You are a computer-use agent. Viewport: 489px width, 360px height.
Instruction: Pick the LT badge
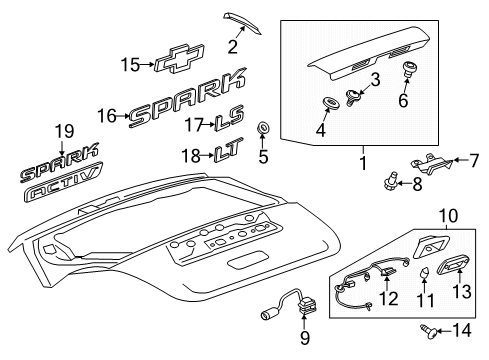click(229, 154)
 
